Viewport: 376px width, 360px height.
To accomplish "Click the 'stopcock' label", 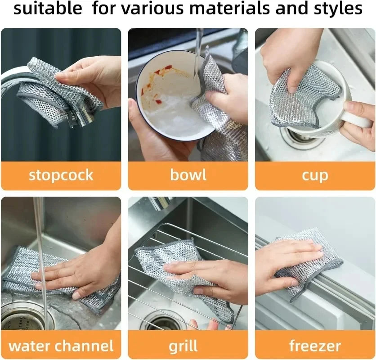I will point(61,175).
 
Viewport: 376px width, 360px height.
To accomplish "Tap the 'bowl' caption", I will point(188,175).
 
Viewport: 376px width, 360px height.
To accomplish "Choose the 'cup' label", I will point(315,175).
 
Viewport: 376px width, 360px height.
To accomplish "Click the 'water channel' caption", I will point(61,346).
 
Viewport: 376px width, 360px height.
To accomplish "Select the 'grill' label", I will point(183,346).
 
